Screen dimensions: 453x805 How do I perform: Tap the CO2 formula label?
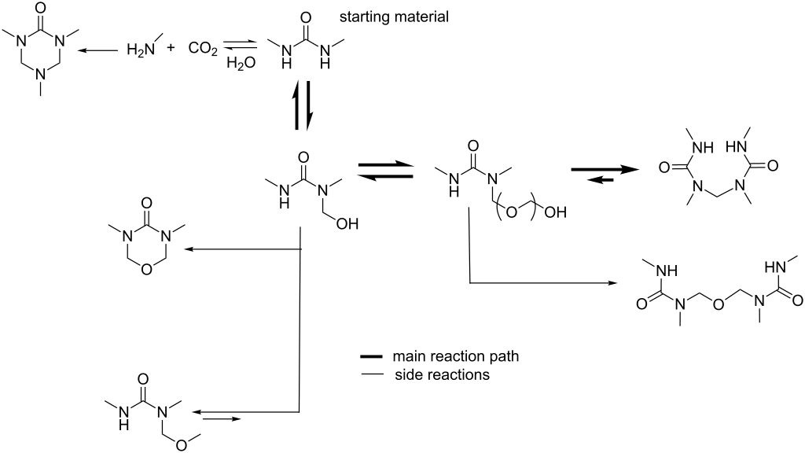pos(199,49)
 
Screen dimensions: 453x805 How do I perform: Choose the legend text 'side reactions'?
pos(442,375)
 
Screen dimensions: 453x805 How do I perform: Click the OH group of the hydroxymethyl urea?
pos(346,225)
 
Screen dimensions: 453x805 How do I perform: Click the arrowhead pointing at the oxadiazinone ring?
pos(189,250)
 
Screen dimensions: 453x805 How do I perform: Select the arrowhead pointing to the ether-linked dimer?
pos(612,282)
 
